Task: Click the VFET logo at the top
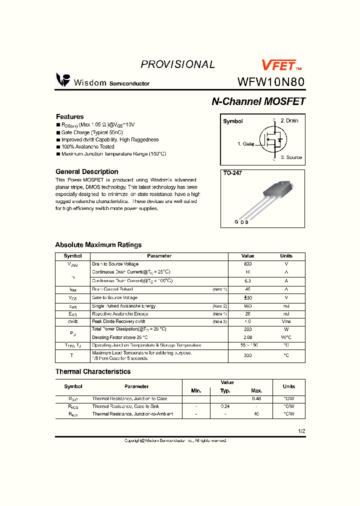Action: tap(281, 65)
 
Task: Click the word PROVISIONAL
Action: tap(177, 64)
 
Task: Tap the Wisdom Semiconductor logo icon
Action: tap(63, 80)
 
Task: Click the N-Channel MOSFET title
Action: tap(258, 101)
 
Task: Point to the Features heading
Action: tap(69, 116)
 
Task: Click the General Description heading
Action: tap(86, 171)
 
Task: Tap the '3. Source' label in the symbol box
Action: tap(291, 157)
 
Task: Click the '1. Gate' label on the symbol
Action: tap(245, 144)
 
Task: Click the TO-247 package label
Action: tap(231, 173)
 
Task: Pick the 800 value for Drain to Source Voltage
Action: tap(247, 264)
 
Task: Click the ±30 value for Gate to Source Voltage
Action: tap(247, 297)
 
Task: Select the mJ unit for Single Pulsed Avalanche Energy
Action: tap(286, 306)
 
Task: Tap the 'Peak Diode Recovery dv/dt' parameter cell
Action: tap(118, 321)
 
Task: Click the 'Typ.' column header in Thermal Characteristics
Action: tap(225, 390)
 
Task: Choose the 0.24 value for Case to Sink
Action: tap(225, 406)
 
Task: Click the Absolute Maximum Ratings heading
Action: tap(98, 245)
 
